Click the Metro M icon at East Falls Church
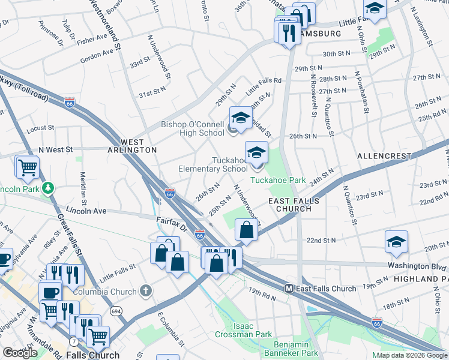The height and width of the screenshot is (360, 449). (x=289, y=289)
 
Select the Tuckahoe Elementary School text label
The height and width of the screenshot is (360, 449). (x=212, y=164)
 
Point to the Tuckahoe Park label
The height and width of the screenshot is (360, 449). (x=278, y=180)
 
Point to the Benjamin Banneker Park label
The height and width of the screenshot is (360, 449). (x=295, y=349)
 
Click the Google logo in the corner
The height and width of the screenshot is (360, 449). (x=20, y=353)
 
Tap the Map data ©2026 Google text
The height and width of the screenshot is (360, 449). (x=411, y=355)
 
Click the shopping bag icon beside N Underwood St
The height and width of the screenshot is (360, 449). (x=247, y=230)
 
